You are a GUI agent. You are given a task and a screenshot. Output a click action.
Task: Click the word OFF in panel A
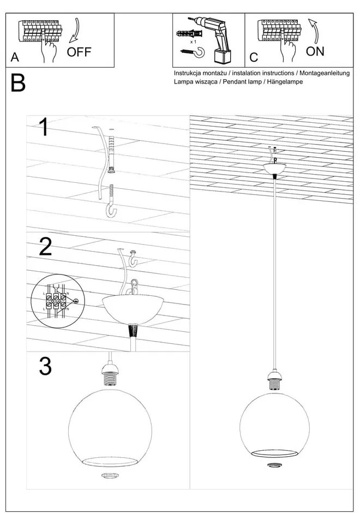coord(79,53)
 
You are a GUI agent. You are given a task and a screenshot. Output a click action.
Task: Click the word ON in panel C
coord(315,52)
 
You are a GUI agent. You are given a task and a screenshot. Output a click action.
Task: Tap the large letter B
coord(17,83)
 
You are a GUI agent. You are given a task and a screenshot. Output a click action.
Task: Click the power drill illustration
coord(218,38)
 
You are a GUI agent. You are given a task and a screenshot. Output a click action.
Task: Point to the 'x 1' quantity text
coord(193,41)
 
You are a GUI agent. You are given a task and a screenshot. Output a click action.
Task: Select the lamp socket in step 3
coord(111,377)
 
